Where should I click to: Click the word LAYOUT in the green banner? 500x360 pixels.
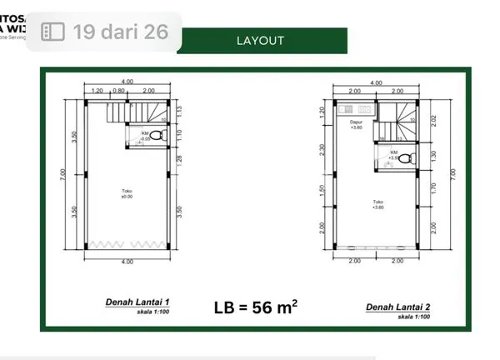pyautogui.click(x=260, y=40)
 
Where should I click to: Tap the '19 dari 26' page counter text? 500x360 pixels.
pyautogui.click(x=126, y=32)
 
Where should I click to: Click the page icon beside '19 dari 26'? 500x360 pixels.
pyautogui.click(x=52, y=32)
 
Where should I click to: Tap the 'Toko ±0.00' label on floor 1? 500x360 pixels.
pyautogui.click(x=127, y=193)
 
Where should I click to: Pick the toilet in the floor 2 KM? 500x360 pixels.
pyautogui.click(x=406, y=157)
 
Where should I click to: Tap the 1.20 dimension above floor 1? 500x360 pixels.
pyautogui.click(x=97, y=90)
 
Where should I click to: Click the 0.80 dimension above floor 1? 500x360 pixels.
pyautogui.click(x=119, y=90)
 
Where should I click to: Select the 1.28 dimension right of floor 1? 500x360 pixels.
pyautogui.click(x=177, y=159)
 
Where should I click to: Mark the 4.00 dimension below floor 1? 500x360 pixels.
pyautogui.click(x=127, y=262)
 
